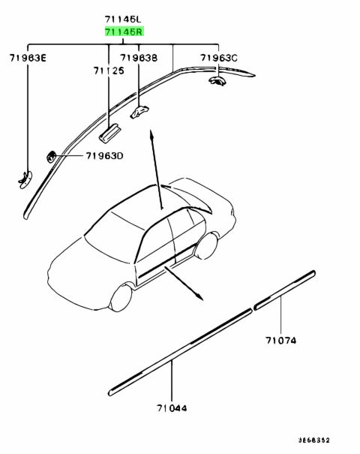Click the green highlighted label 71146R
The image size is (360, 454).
[124, 32]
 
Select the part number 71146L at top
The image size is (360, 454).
[123, 20]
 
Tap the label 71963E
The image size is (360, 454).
[28, 59]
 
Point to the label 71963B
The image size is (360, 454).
[139, 58]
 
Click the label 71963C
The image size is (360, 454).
[219, 58]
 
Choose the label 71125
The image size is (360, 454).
[109, 71]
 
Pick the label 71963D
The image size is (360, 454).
[104, 156]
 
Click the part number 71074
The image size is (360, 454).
[280, 340]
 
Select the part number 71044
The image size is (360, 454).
[172, 408]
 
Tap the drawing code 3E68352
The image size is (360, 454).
[314, 440]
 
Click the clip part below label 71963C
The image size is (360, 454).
[217, 80]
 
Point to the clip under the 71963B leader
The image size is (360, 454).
[139, 112]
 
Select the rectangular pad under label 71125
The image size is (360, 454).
[109, 133]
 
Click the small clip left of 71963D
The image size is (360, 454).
[51, 157]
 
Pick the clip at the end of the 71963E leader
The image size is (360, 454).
[25, 180]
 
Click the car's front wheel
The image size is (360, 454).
[121, 298]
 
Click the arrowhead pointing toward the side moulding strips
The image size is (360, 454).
[199, 297]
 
